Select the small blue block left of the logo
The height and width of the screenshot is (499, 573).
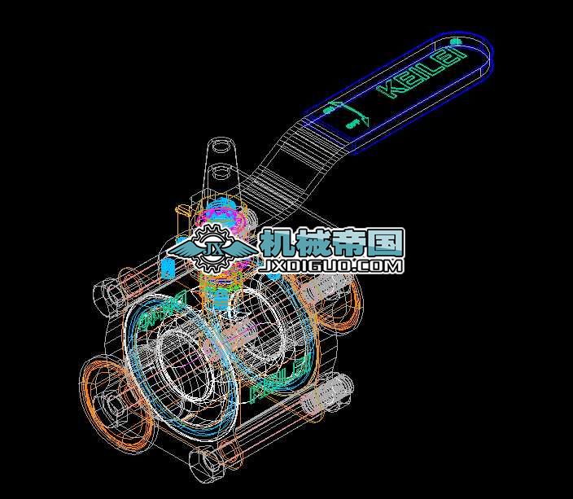[x=168, y=268]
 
